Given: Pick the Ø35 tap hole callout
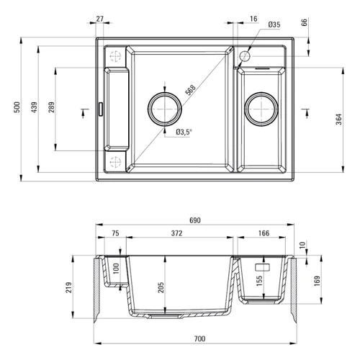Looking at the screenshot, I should tap(274, 25).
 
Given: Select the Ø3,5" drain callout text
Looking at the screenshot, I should tap(184, 131).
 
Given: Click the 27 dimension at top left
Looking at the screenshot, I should tap(99, 18).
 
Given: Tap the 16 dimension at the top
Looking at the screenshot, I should tap(253, 18).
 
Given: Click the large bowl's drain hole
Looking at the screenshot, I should tap(165, 109).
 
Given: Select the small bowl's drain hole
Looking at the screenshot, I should tap(261, 109).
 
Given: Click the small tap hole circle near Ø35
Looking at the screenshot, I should tap(244, 55).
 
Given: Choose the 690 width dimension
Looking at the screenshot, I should tap(194, 220).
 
